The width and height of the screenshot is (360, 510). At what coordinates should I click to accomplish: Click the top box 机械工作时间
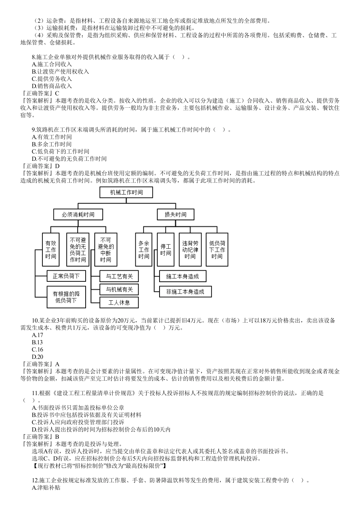(x=126, y=192)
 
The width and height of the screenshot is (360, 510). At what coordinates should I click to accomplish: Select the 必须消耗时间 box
(x=78, y=214)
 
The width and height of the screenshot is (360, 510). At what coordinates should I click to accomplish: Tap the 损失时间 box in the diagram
(x=175, y=214)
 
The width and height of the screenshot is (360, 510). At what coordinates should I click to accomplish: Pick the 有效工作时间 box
(x=50, y=250)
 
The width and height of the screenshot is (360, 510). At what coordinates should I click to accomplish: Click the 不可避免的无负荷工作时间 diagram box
(x=78, y=250)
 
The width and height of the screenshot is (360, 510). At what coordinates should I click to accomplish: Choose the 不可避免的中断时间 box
(x=106, y=250)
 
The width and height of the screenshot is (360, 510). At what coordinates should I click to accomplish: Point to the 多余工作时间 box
(x=144, y=250)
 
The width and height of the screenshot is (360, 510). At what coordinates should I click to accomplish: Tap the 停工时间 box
(x=166, y=250)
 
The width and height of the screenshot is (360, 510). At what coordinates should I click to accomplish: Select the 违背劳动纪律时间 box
(x=190, y=250)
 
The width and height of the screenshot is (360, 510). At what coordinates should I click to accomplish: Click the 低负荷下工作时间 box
(x=217, y=250)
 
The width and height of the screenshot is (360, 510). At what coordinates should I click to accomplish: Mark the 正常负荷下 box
(x=66, y=276)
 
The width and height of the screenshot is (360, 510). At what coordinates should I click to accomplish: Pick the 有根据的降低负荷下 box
(x=66, y=297)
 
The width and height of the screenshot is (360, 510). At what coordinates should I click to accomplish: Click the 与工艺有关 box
(x=119, y=276)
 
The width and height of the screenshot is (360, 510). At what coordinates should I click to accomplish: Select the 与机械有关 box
(x=119, y=289)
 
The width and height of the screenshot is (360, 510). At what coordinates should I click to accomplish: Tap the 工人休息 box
(x=119, y=302)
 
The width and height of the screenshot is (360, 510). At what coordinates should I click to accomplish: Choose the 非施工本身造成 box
(x=185, y=292)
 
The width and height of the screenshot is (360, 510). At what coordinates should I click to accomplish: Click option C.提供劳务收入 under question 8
(x=52, y=79)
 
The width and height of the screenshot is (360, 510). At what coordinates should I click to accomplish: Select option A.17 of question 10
(x=38, y=335)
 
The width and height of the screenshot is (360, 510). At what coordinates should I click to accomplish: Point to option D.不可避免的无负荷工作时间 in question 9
(x=69, y=159)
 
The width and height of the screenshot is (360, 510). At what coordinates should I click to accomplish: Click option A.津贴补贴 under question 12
(x=46, y=488)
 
